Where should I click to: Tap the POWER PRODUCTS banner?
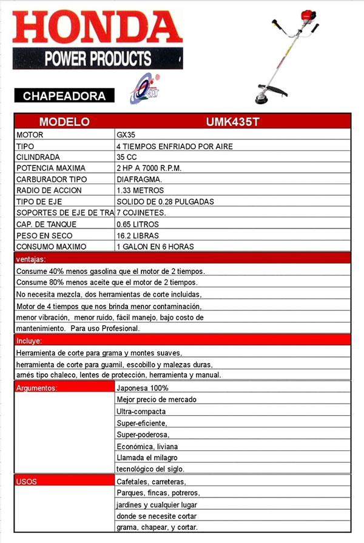coord(97,59)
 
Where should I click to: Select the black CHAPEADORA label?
coord(64,96)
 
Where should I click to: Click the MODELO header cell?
coord(64,121)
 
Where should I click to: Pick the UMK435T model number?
coord(232,121)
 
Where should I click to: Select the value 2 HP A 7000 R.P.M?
coord(149,168)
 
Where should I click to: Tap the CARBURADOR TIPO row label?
coord(52,179)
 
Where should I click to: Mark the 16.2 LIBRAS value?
coord(139,235)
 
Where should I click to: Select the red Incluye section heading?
coord(28,341)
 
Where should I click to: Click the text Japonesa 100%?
coord(143,388)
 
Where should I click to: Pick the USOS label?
coord(27,482)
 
